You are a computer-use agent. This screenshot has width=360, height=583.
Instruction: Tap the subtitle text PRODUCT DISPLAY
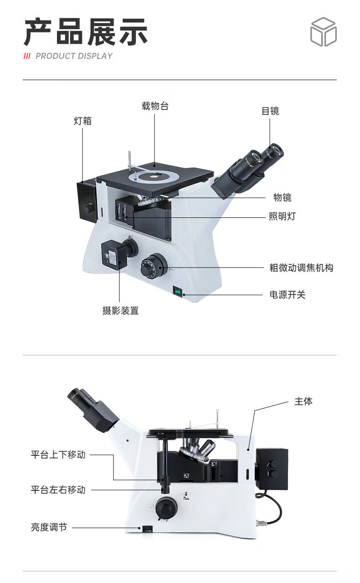(x=74, y=56)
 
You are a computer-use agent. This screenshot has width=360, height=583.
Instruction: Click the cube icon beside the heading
(x=323, y=32)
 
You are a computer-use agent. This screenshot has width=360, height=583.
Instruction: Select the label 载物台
(x=155, y=106)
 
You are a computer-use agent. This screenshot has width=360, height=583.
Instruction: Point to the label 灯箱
(x=82, y=121)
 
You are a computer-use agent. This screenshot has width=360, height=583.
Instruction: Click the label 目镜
(x=270, y=111)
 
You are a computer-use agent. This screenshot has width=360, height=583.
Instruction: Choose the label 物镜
(x=282, y=197)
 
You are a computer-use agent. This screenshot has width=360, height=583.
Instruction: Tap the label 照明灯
(x=282, y=216)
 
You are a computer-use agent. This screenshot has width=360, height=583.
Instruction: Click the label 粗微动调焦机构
(x=301, y=268)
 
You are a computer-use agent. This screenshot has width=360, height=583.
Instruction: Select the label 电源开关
(x=287, y=294)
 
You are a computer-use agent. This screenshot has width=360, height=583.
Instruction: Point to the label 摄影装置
(x=120, y=311)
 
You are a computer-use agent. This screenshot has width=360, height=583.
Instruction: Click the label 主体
(x=303, y=402)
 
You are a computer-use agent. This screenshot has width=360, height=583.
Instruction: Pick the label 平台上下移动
(x=58, y=454)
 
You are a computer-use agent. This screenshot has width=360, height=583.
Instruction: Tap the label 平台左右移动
(x=58, y=490)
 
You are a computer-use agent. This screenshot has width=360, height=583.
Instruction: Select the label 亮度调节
(x=49, y=527)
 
